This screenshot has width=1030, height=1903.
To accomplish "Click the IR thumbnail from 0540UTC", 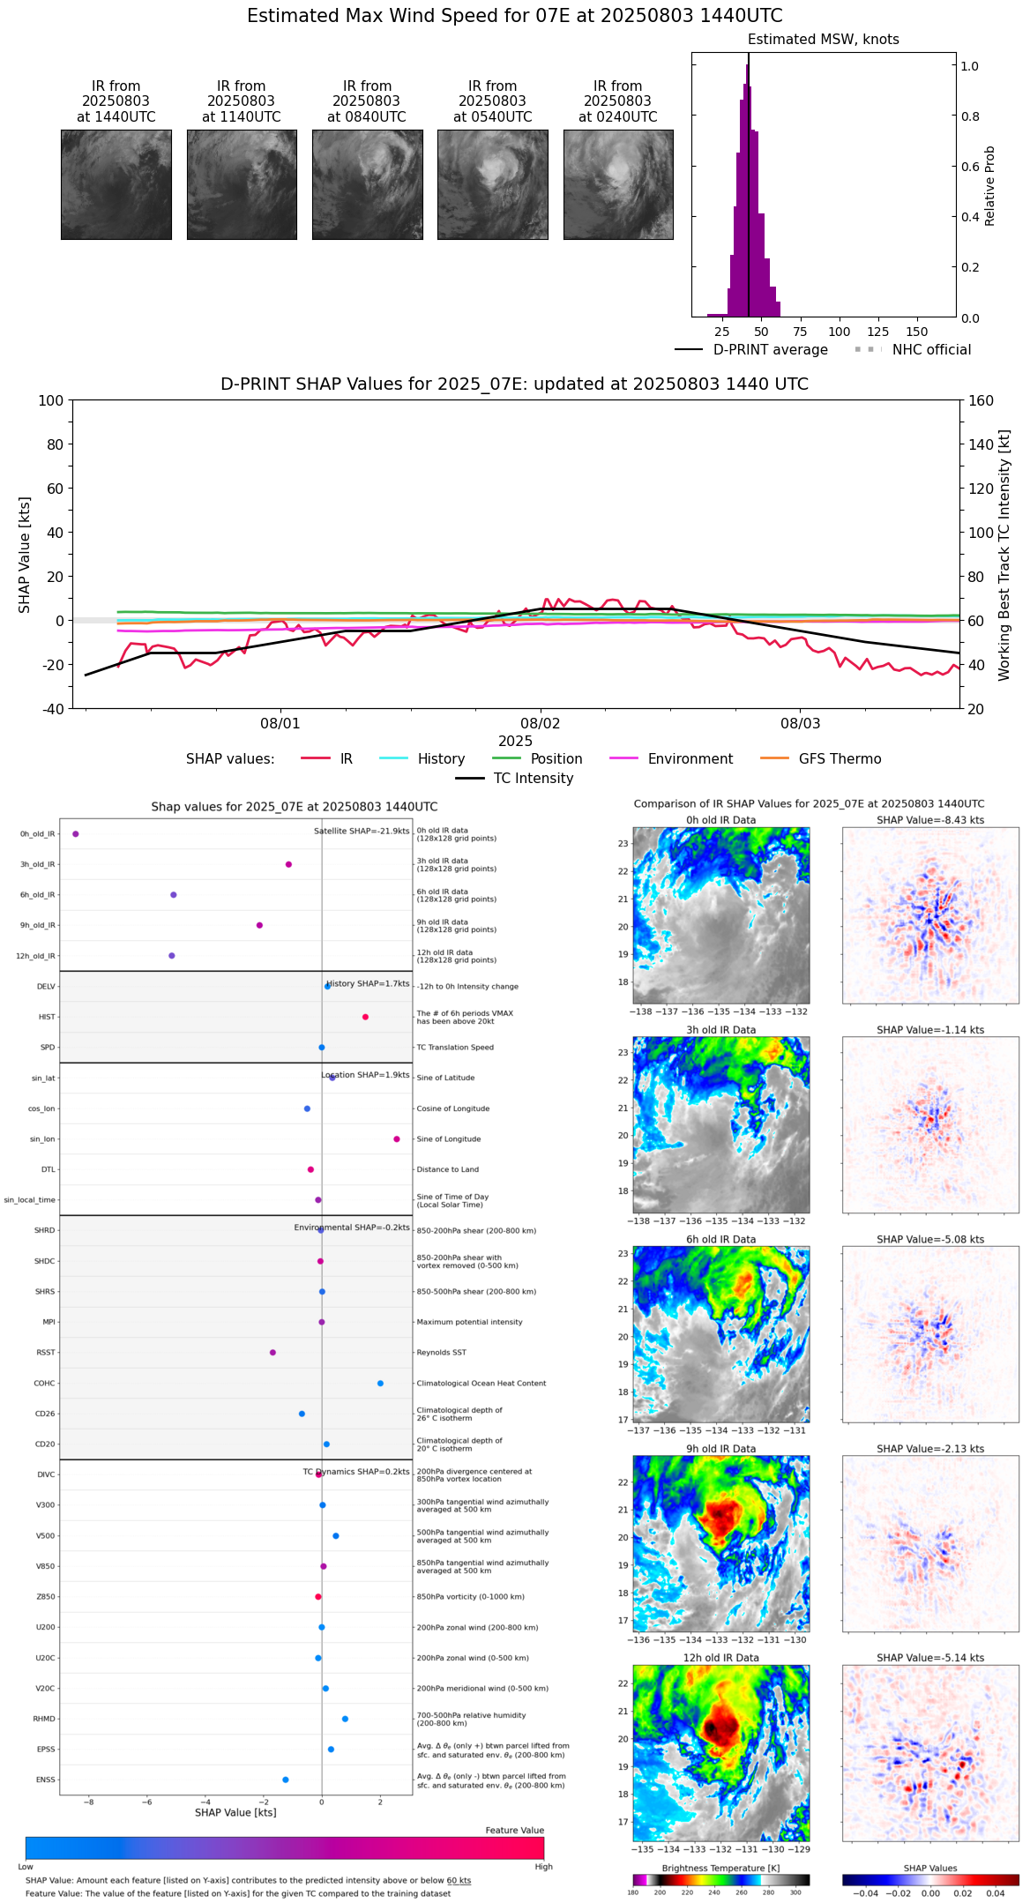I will point(492,184).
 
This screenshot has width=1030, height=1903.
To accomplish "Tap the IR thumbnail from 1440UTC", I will point(116,184).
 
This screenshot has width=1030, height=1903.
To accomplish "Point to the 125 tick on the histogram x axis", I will point(877,332).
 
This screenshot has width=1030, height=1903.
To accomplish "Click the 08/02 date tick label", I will point(540,723).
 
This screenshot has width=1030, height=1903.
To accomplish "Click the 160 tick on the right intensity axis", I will point(981,400).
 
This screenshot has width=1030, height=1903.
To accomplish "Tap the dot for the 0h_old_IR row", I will point(76,833).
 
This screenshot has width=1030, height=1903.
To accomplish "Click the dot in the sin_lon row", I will point(397,1138).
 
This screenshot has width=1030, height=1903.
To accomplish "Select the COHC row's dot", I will point(380,1383).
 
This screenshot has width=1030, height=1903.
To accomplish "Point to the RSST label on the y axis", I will point(45,1353).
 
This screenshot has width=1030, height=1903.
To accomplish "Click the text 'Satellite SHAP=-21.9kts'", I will point(362,831).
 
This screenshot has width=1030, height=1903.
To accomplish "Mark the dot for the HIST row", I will point(365,1017).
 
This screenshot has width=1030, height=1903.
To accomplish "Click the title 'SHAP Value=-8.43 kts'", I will point(929,820).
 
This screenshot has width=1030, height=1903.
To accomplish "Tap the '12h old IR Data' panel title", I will point(720,1658).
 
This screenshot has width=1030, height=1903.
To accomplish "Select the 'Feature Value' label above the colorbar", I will point(514,1830).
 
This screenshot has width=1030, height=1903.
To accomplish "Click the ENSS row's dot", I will point(286,1780).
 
